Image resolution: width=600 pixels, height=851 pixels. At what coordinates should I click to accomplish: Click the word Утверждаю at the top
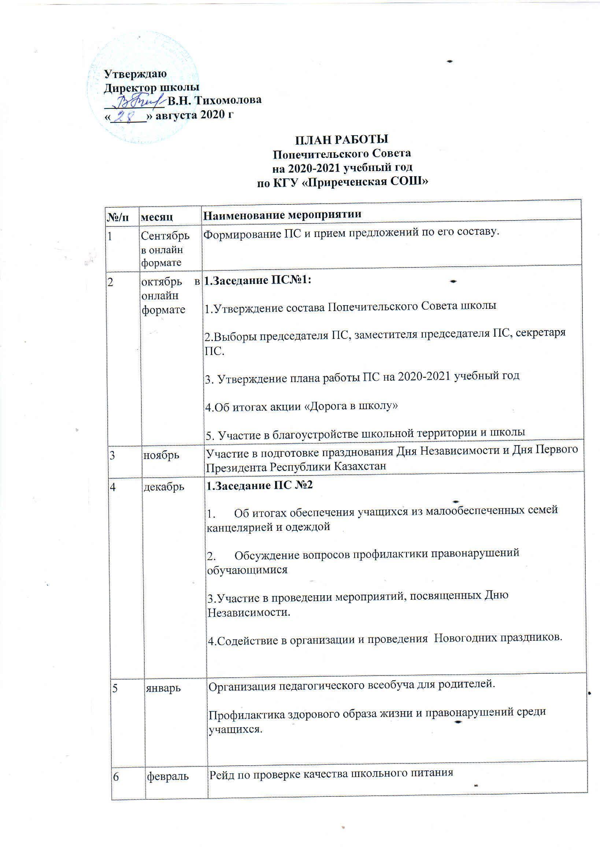tap(135, 74)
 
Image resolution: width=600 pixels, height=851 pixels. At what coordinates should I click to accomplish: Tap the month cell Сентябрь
tap(165, 235)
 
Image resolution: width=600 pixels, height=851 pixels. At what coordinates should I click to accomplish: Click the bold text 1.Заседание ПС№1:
tap(258, 280)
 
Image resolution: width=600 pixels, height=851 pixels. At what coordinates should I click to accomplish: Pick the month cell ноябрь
tap(161, 455)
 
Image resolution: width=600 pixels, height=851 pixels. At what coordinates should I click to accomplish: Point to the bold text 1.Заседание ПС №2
tap(259, 485)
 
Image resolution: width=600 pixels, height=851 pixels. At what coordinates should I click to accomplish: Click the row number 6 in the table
tap(116, 777)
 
